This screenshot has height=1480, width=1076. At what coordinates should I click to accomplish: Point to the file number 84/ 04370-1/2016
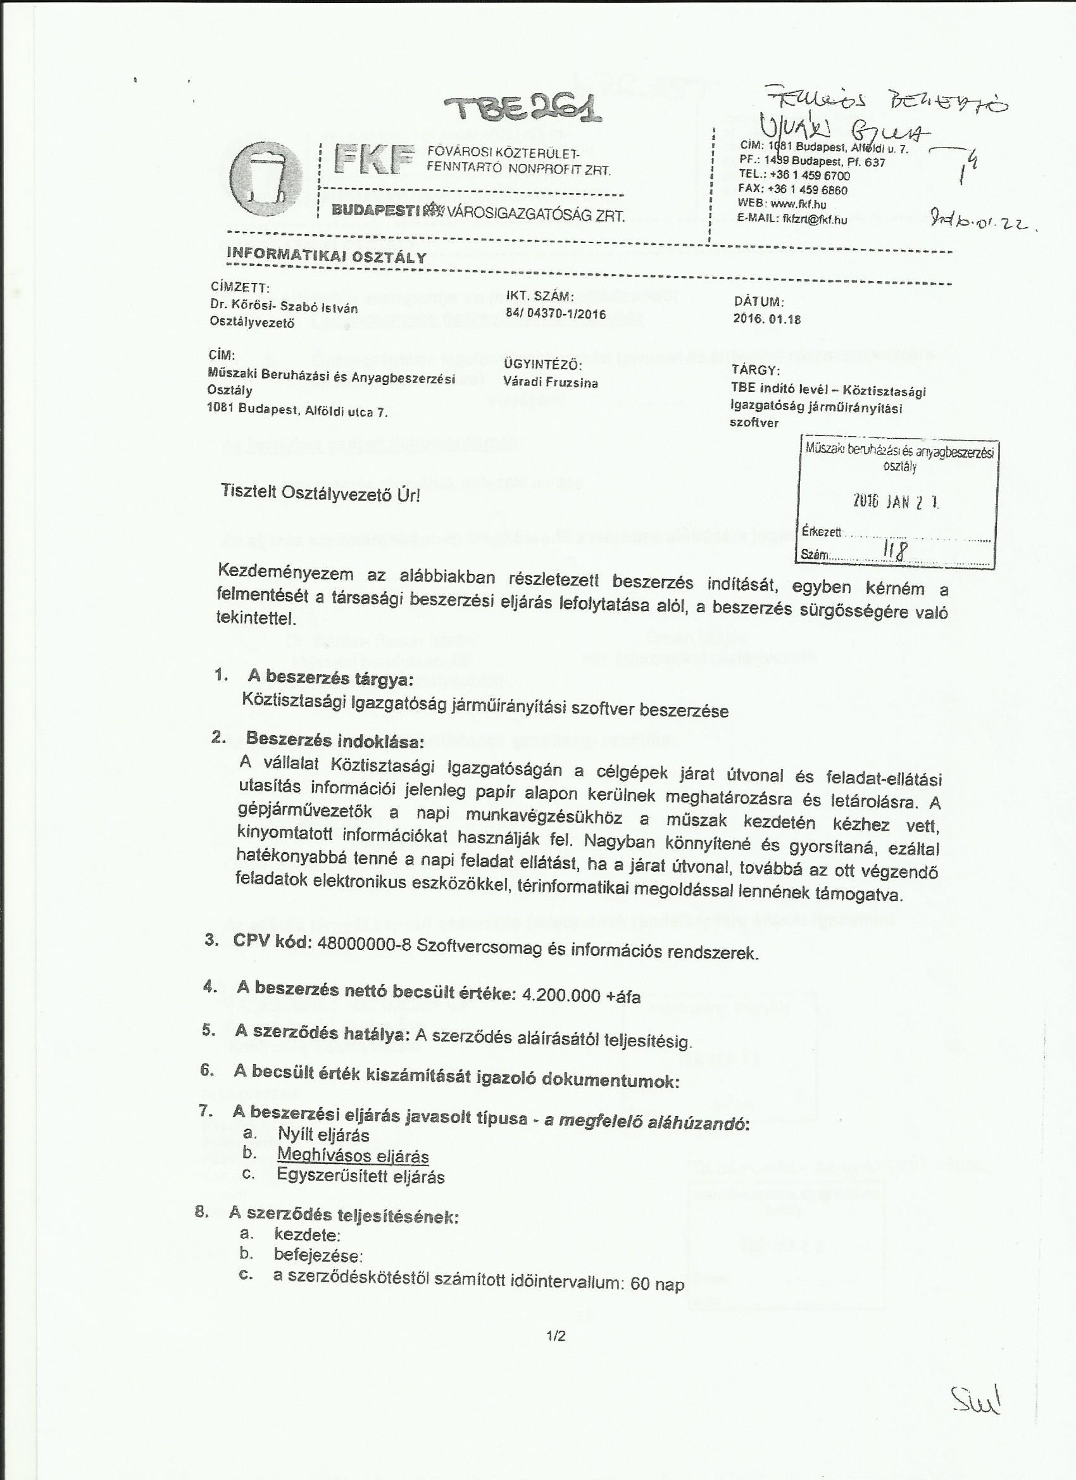(x=556, y=314)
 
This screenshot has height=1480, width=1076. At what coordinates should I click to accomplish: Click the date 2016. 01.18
(x=767, y=319)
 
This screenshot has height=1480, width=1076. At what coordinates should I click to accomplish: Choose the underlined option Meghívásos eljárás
(x=353, y=1156)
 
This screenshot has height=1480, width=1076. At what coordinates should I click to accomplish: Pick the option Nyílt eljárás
(x=323, y=1135)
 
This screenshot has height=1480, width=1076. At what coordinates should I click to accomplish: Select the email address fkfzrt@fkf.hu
(x=815, y=220)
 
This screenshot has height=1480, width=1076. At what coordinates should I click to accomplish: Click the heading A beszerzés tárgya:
(x=330, y=678)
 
